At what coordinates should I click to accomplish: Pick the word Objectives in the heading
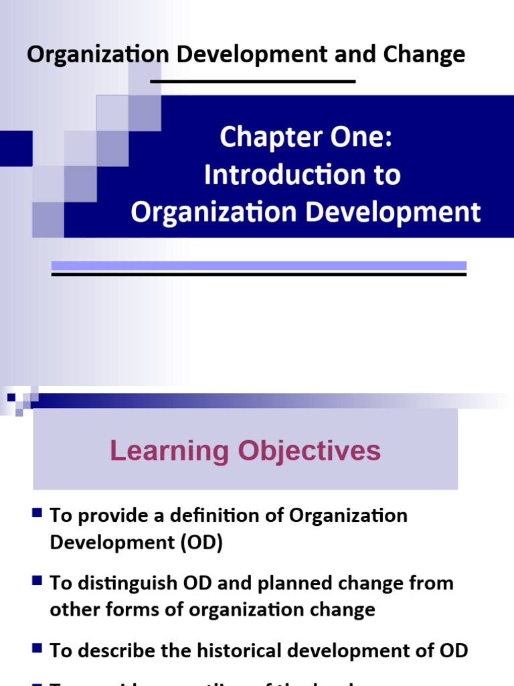click(309, 451)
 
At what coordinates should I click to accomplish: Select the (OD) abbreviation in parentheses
click(200, 543)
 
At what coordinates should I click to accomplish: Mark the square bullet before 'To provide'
click(37, 514)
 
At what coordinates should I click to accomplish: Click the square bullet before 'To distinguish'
click(37, 581)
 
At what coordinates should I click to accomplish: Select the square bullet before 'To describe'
click(37, 648)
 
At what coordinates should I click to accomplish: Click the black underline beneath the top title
click(253, 82)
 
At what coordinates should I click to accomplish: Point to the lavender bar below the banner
click(258, 266)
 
